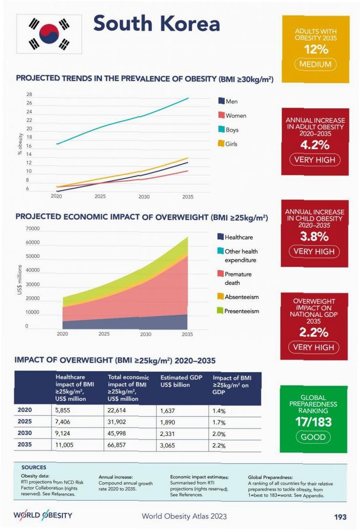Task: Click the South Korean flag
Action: (49, 34)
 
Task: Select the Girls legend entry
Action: (227, 144)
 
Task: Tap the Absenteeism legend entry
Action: (238, 297)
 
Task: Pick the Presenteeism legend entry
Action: (238, 311)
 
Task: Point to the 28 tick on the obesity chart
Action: (29, 95)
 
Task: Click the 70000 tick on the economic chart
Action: (33, 229)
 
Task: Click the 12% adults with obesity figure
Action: (316, 50)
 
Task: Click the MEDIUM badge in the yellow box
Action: (316, 64)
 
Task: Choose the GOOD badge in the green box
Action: (313, 437)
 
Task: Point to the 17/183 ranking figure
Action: (313, 422)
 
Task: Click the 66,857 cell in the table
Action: (119, 445)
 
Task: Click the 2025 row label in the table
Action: (25, 421)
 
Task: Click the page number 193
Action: (340, 516)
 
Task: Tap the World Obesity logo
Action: (43, 515)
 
